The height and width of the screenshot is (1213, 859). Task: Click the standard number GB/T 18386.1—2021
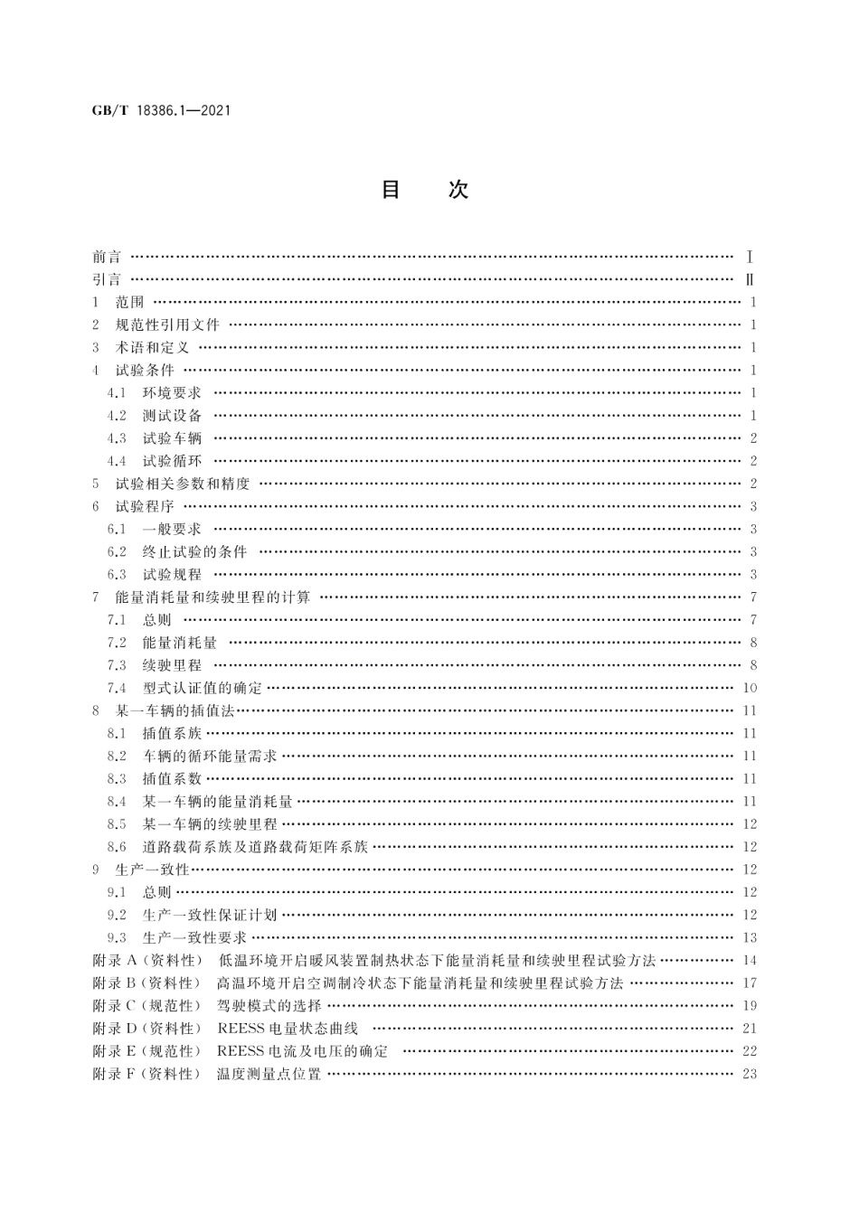point(161,111)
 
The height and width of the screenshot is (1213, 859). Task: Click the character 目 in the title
point(391,190)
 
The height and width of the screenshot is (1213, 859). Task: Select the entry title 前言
point(107,257)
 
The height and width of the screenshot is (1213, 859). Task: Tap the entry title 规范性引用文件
point(167,324)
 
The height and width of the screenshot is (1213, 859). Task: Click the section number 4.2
point(117,416)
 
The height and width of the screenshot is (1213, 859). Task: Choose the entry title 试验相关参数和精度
point(183,484)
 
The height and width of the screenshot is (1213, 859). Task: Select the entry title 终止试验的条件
point(194,551)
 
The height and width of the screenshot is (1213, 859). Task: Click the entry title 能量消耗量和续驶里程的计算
point(212,597)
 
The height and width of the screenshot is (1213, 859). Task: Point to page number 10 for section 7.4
point(749,688)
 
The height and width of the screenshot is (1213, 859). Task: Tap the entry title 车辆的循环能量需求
point(210,756)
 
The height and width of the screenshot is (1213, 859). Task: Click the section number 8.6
point(117,847)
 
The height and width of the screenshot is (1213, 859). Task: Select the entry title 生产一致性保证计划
point(210,915)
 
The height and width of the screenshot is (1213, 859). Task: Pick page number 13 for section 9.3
point(749,937)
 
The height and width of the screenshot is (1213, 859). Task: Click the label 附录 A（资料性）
point(147,960)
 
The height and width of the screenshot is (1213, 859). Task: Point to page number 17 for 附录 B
point(749,983)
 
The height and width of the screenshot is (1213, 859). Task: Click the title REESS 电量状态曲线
point(288,1028)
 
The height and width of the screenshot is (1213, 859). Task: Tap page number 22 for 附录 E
point(749,1050)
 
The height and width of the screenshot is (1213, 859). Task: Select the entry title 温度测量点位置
point(269,1074)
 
